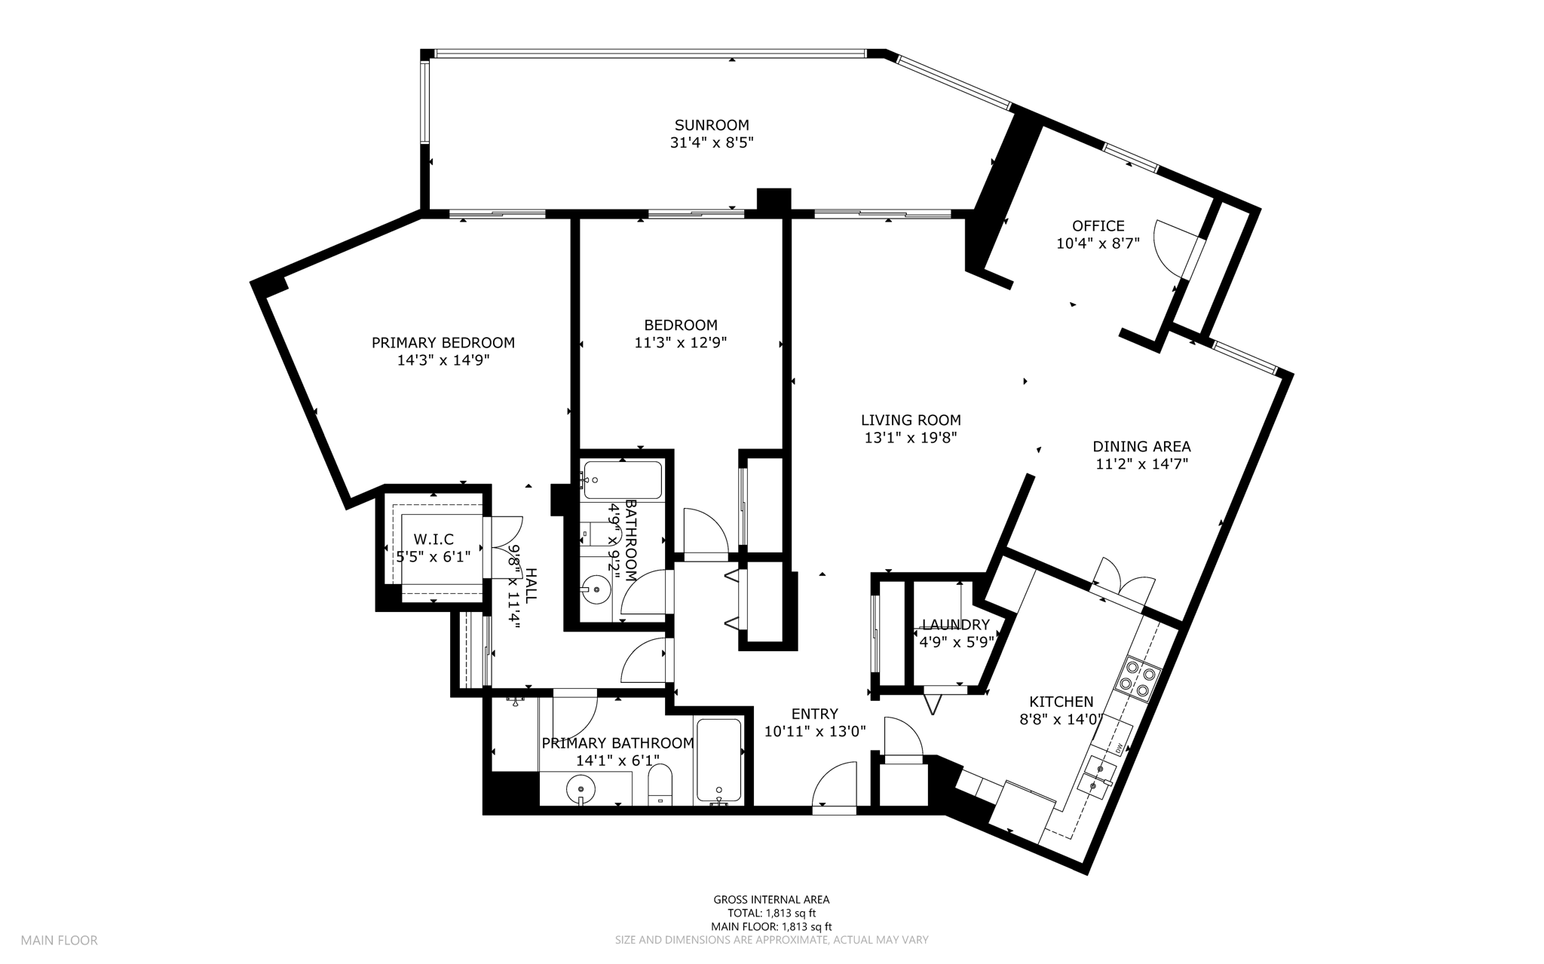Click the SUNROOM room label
click(712, 125)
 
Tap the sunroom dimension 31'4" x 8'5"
click(712, 142)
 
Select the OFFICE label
click(1098, 226)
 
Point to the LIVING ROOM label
click(911, 421)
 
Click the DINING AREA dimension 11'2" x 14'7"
click(1141, 464)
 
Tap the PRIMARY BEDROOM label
click(443, 343)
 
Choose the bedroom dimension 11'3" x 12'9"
click(681, 343)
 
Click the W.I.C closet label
click(433, 540)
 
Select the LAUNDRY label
click(956, 625)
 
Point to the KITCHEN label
click(1061, 702)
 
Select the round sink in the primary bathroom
click(581, 789)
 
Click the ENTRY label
click(815, 715)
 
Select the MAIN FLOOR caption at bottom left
click(59, 941)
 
